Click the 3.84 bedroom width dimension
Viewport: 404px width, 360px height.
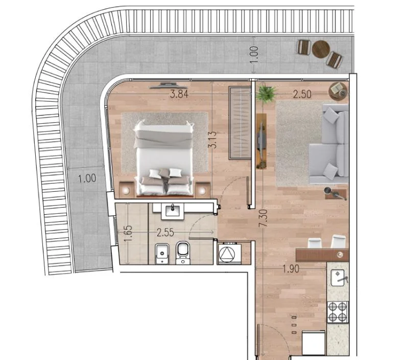click(179, 94)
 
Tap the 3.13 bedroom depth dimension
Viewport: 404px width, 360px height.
click(213, 140)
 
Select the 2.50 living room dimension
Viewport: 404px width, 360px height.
click(302, 95)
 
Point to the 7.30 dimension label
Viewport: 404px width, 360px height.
click(264, 218)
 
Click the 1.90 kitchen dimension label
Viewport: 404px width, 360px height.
click(291, 268)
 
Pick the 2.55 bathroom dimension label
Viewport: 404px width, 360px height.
click(165, 233)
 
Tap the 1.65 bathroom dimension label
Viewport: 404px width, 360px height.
click(128, 233)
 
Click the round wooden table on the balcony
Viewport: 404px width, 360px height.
click(321, 49)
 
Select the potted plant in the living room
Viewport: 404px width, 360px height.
click(266, 94)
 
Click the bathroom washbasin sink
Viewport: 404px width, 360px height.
click(173, 211)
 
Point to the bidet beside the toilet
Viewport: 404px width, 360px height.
click(162, 254)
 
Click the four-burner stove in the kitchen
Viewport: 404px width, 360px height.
click(338, 312)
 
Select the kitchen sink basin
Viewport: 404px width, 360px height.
click(338, 278)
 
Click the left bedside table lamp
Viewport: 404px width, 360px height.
click(126, 191)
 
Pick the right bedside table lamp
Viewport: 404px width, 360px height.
click(202, 191)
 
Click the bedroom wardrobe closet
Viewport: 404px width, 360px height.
click(240, 123)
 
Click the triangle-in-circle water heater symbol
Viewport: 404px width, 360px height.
click(227, 254)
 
